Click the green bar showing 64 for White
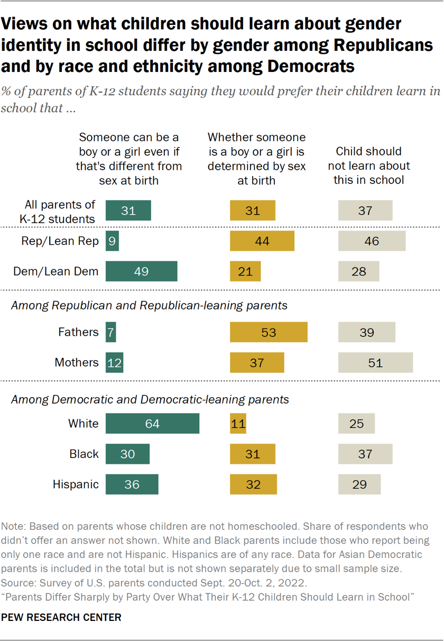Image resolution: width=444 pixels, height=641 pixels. point(152,424)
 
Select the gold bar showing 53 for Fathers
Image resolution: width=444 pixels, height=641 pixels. point(269,332)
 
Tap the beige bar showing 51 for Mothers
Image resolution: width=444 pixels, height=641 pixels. point(375,363)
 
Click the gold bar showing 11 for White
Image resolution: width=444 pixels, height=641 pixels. point(238,424)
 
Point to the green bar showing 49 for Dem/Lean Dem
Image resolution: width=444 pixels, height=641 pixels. point(141,271)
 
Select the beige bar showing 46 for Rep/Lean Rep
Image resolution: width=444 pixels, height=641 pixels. point(372,241)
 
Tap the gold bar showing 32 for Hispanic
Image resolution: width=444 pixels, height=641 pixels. point(253,484)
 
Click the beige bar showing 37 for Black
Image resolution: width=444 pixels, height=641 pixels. point(365,454)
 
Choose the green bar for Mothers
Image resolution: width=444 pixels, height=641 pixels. point(114,363)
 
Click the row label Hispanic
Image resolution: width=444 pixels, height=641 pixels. point(76,484)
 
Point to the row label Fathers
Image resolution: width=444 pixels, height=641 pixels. point(78,332)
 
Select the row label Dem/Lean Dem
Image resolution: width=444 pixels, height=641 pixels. point(56,271)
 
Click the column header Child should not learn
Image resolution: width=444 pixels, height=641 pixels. point(368,166)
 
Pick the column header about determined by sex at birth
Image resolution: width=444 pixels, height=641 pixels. point(256,159)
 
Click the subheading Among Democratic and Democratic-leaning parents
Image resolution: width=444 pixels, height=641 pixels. point(150,399)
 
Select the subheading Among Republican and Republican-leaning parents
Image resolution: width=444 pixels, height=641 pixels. point(149,305)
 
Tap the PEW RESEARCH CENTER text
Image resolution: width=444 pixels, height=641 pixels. point(61,617)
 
